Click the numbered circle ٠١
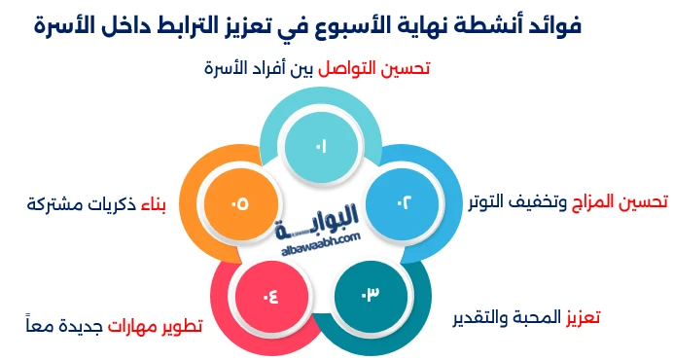click(320, 145)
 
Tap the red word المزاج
click(583, 201)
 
